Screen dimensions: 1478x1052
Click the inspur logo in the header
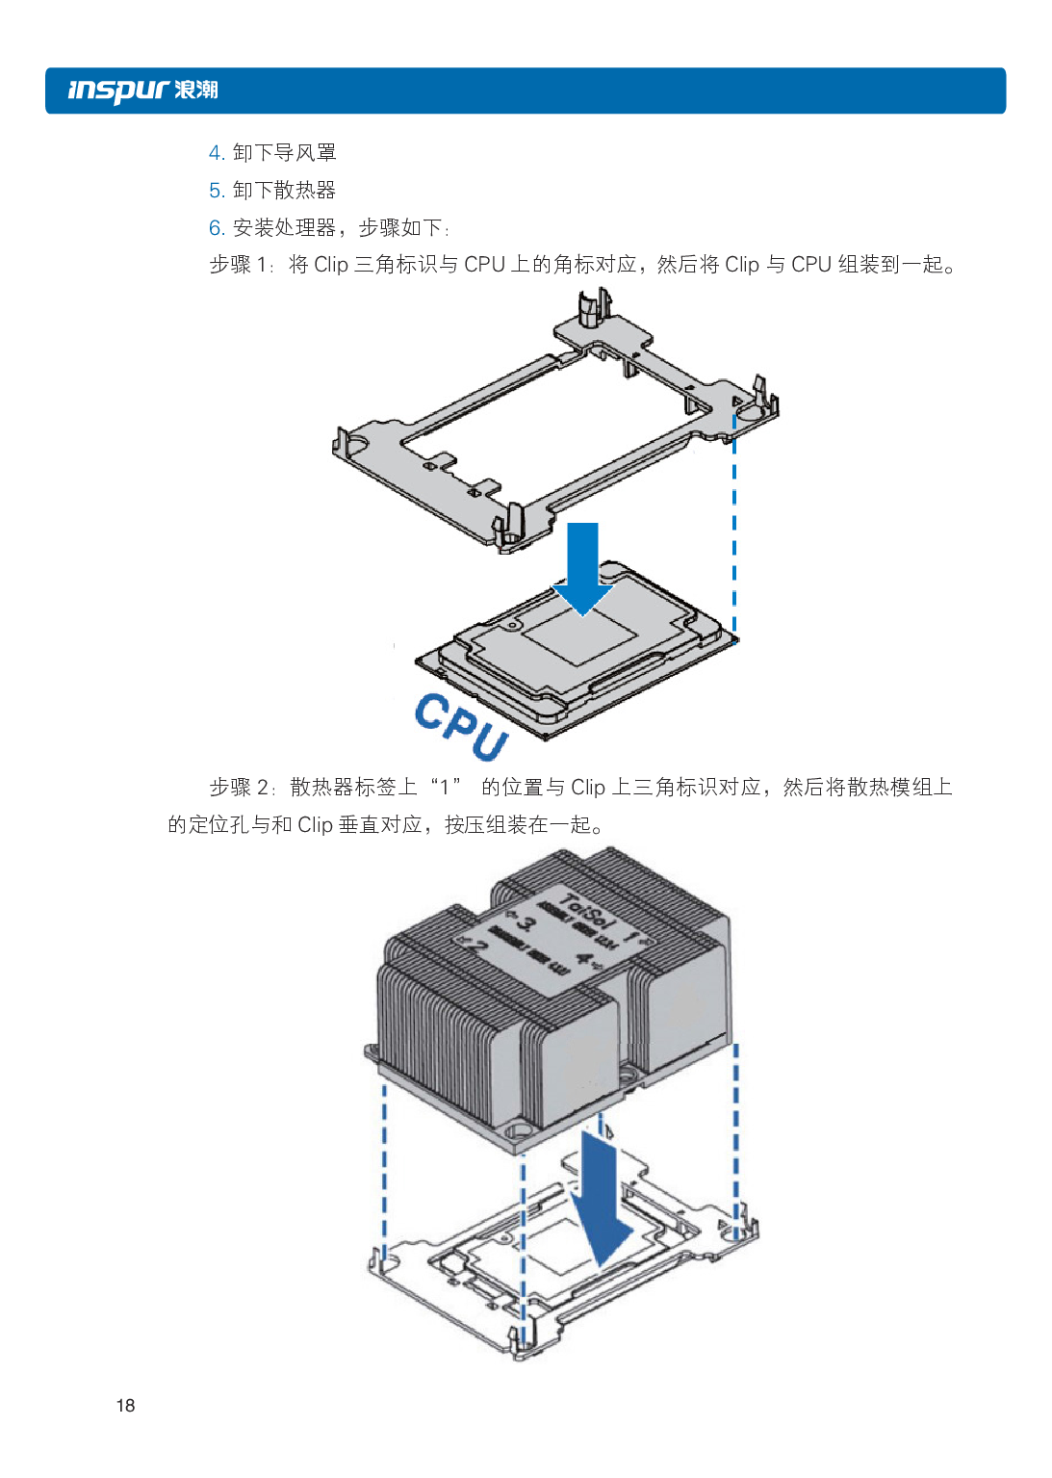(x=118, y=91)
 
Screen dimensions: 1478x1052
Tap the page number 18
(x=125, y=1405)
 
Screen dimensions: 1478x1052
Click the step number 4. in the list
(x=217, y=153)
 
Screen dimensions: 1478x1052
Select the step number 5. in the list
(x=217, y=191)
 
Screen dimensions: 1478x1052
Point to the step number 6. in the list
(x=217, y=228)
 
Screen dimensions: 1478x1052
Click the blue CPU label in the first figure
(x=460, y=726)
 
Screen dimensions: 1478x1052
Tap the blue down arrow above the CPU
(x=582, y=568)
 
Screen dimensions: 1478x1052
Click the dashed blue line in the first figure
(x=734, y=530)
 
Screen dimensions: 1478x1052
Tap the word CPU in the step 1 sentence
(x=484, y=265)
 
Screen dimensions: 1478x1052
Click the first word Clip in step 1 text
(x=331, y=265)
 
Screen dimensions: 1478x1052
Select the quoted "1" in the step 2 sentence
(x=446, y=788)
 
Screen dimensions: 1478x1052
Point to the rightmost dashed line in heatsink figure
(x=736, y=1136)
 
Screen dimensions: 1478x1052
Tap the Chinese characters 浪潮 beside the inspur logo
(x=196, y=91)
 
